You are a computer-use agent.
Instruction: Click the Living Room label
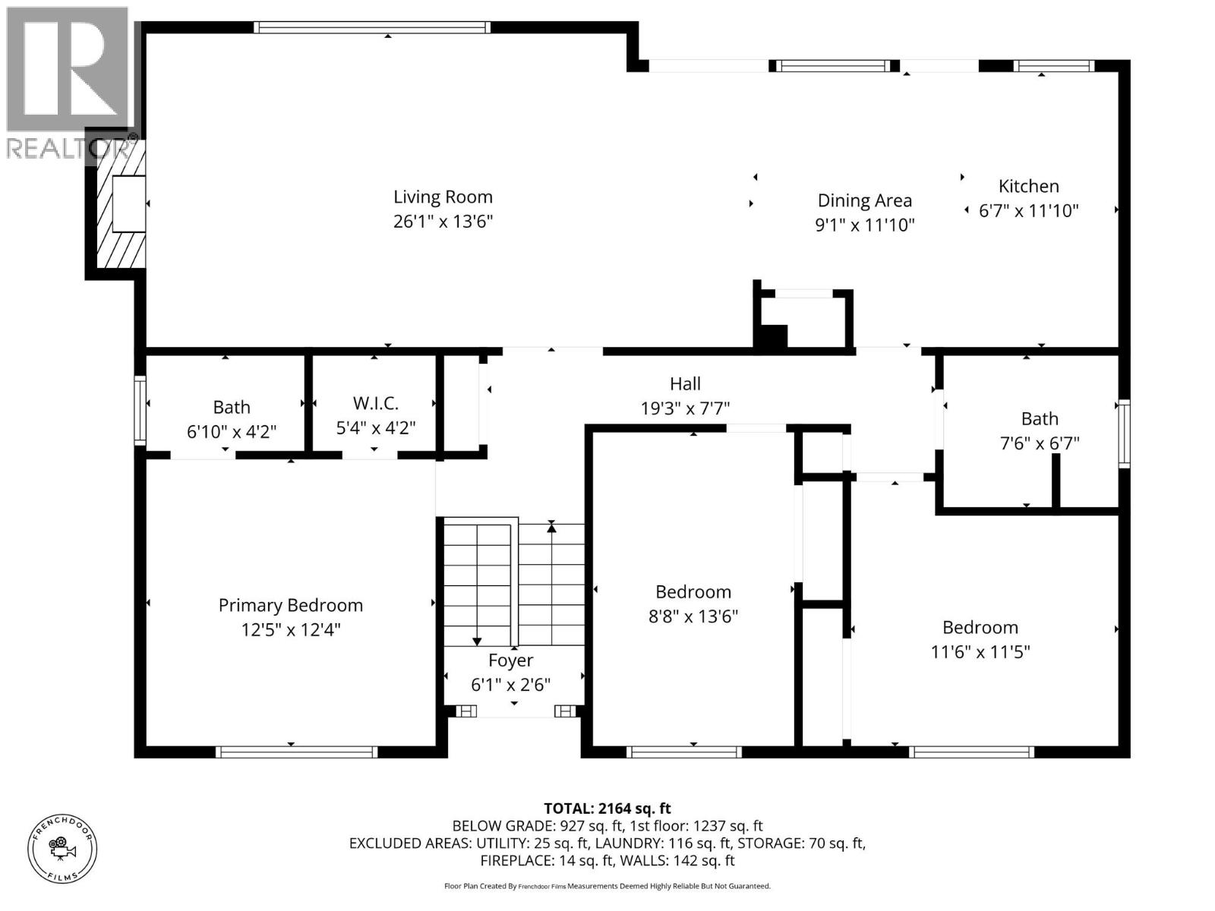[443, 197]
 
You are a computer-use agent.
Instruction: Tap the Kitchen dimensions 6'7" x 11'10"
[1028, 211]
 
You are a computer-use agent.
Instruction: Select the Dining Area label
[864, 200]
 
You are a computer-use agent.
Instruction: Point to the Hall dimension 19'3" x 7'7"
[685, 408]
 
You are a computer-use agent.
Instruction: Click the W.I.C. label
[375, 403]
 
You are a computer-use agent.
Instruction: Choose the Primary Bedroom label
[290, 605]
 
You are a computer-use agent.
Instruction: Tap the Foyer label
[510, 660]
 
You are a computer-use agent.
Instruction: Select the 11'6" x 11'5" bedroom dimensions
[980, 651]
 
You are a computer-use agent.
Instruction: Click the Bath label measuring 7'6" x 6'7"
[1039, 418]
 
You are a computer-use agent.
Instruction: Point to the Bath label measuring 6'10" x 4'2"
[231, 407]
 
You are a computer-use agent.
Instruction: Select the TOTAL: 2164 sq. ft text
[607, 809]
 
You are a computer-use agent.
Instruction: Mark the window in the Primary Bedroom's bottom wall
[296, 752]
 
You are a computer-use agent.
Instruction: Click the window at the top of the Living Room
[372, 27]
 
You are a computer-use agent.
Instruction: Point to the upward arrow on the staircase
[552, 527]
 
